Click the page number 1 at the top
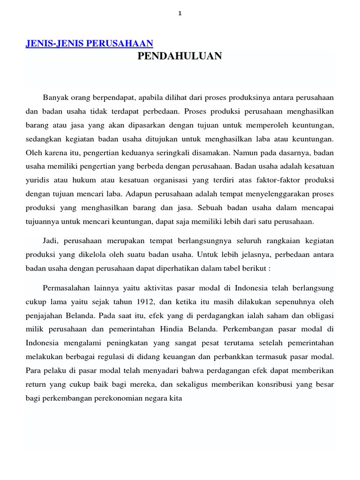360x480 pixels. (x=180, y=14)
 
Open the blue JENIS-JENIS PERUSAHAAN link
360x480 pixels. (x=89, y=44)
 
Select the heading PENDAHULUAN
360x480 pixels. (x=180, y=56)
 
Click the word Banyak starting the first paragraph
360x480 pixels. (x=56, y=97)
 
